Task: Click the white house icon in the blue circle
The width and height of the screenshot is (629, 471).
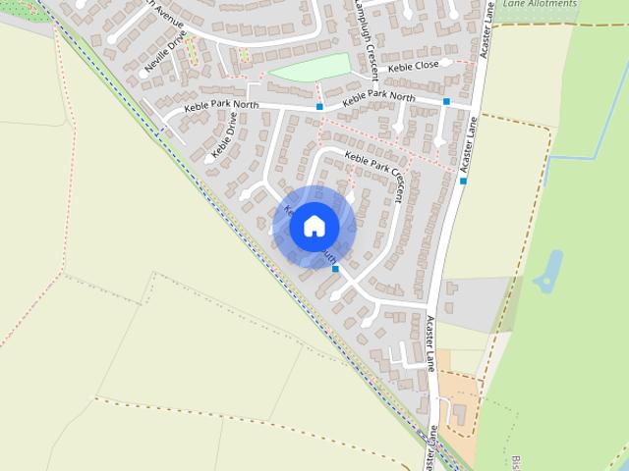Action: coord(314,226)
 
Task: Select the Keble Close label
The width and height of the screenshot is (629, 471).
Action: coord(413,67)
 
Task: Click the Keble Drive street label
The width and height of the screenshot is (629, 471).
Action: coord(225,136)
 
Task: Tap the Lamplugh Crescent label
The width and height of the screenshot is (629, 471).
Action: coord(364,29)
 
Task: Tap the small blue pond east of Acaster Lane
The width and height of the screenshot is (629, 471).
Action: coord(547,273)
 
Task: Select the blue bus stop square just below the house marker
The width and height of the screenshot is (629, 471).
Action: coord(335,268)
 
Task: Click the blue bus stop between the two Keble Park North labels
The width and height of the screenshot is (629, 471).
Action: coord(319,106)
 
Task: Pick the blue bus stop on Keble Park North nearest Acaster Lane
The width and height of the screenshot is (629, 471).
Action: coord(446,101)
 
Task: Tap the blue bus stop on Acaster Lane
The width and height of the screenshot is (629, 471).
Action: coord(463,181)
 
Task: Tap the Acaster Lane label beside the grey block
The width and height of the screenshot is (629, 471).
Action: coord(430,343)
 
